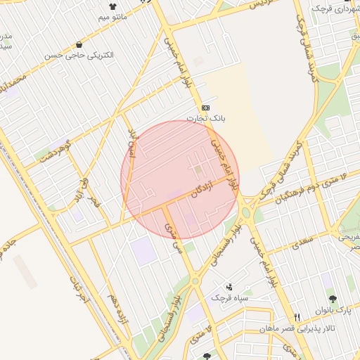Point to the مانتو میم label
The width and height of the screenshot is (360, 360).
(112, 16)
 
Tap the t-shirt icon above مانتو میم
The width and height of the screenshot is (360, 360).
(112, 6)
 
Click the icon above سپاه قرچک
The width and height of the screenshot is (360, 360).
(230, 286)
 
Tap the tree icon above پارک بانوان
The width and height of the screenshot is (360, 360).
(333, 299)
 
